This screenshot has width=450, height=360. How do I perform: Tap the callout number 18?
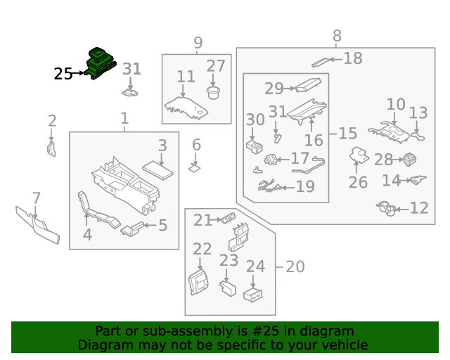click(353, 58)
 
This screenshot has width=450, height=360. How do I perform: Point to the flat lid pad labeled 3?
click(158, 170)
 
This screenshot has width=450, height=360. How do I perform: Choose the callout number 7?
click(37, 198)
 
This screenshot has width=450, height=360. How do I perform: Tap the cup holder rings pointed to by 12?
click(388, 208)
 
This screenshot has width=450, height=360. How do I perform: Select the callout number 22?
click(202, 249)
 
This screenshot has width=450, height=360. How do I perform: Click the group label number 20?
click(295, 267)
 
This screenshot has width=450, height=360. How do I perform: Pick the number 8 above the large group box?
click(337, 36)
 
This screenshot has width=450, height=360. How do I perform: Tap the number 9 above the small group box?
click(198, 43)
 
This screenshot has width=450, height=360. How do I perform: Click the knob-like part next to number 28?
click(408, 160)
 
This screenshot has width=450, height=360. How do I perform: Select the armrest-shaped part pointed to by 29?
click(305, 86)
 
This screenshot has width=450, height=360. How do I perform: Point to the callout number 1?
click(124, 119)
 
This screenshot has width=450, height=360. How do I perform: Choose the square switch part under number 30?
click(254, 147)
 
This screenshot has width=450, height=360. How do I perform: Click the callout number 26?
click(358, 183)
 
